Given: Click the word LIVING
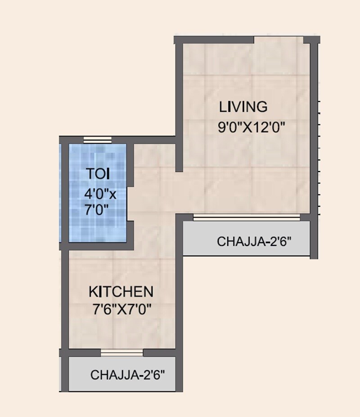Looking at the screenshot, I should tap(243, 107).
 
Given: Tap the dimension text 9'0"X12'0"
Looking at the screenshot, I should tap(252, 127).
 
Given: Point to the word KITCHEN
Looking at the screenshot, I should tap(121, 292).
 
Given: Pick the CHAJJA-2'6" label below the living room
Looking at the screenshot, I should tap(254, 241).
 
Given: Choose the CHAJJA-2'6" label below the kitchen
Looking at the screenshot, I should tap(128, 375).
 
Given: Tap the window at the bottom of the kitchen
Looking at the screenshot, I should tap(121, 352).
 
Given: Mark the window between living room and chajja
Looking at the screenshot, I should tap(247, 218).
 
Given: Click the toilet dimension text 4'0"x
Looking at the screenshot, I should tap(100, 194).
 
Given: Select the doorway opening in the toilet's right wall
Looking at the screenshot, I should tap(131, 203).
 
